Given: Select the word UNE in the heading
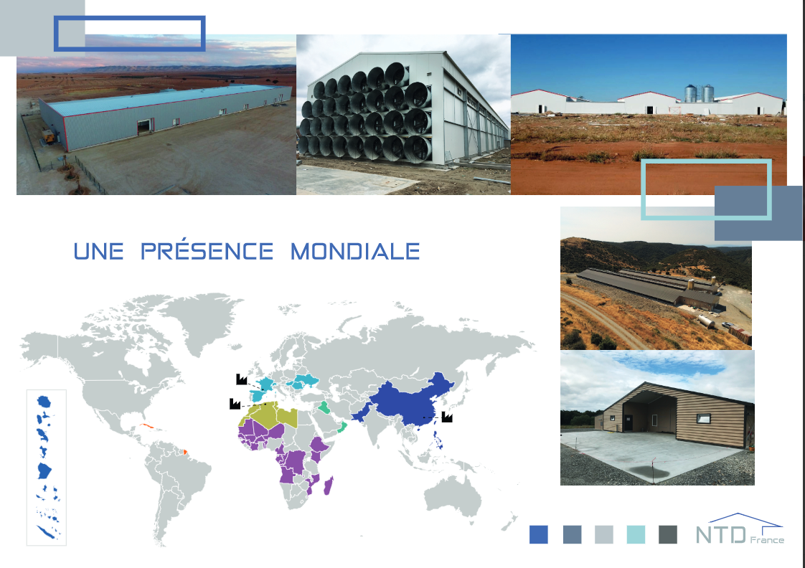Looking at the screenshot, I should [x=99, y=252].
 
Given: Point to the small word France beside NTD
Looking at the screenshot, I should [x=768, y=540].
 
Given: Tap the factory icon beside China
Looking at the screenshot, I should [x=447, y=416].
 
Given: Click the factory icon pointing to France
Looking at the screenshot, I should [x=241, y=378].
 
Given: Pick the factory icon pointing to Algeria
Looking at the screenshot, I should [x=235, y=404].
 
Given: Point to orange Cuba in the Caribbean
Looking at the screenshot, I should [x=149, y=427].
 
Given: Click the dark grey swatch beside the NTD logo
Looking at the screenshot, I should [x=667, y=534].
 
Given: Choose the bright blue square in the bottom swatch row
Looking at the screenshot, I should [x=538, y=534].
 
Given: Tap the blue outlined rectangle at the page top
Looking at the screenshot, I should [x=130, y=33].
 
